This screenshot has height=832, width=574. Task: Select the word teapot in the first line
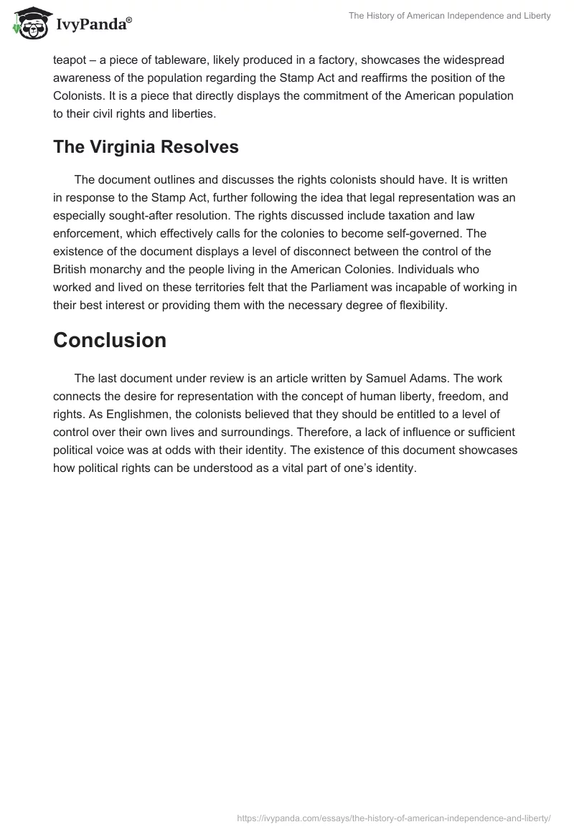click(70, 62)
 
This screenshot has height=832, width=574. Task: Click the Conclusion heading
click(110, 340)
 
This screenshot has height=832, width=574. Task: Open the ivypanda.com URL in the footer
click(394, 817)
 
